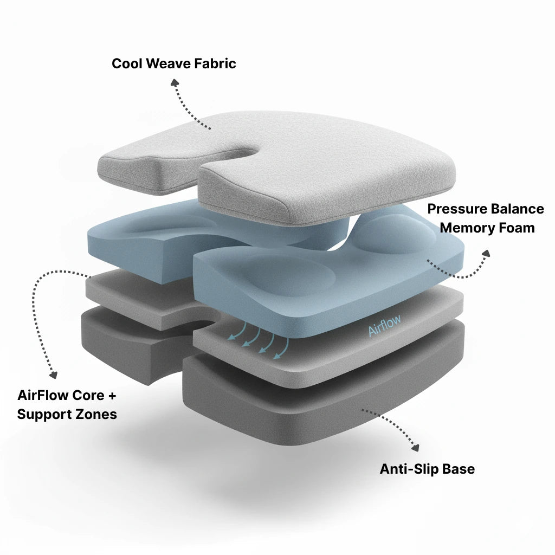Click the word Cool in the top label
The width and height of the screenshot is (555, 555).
tap(127, 64)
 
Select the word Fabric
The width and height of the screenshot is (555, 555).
tap(215, 64)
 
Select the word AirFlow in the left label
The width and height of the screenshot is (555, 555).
tap(42, 395)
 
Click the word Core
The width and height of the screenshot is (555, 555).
tap(88, 395)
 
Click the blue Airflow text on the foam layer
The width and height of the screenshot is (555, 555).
tap(385, 325)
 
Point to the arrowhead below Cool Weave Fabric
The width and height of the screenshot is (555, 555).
tap(175, 83)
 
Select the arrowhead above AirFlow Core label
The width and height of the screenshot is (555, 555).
tap(54, 375)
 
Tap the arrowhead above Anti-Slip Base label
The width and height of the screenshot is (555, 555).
tap(416, 448)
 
